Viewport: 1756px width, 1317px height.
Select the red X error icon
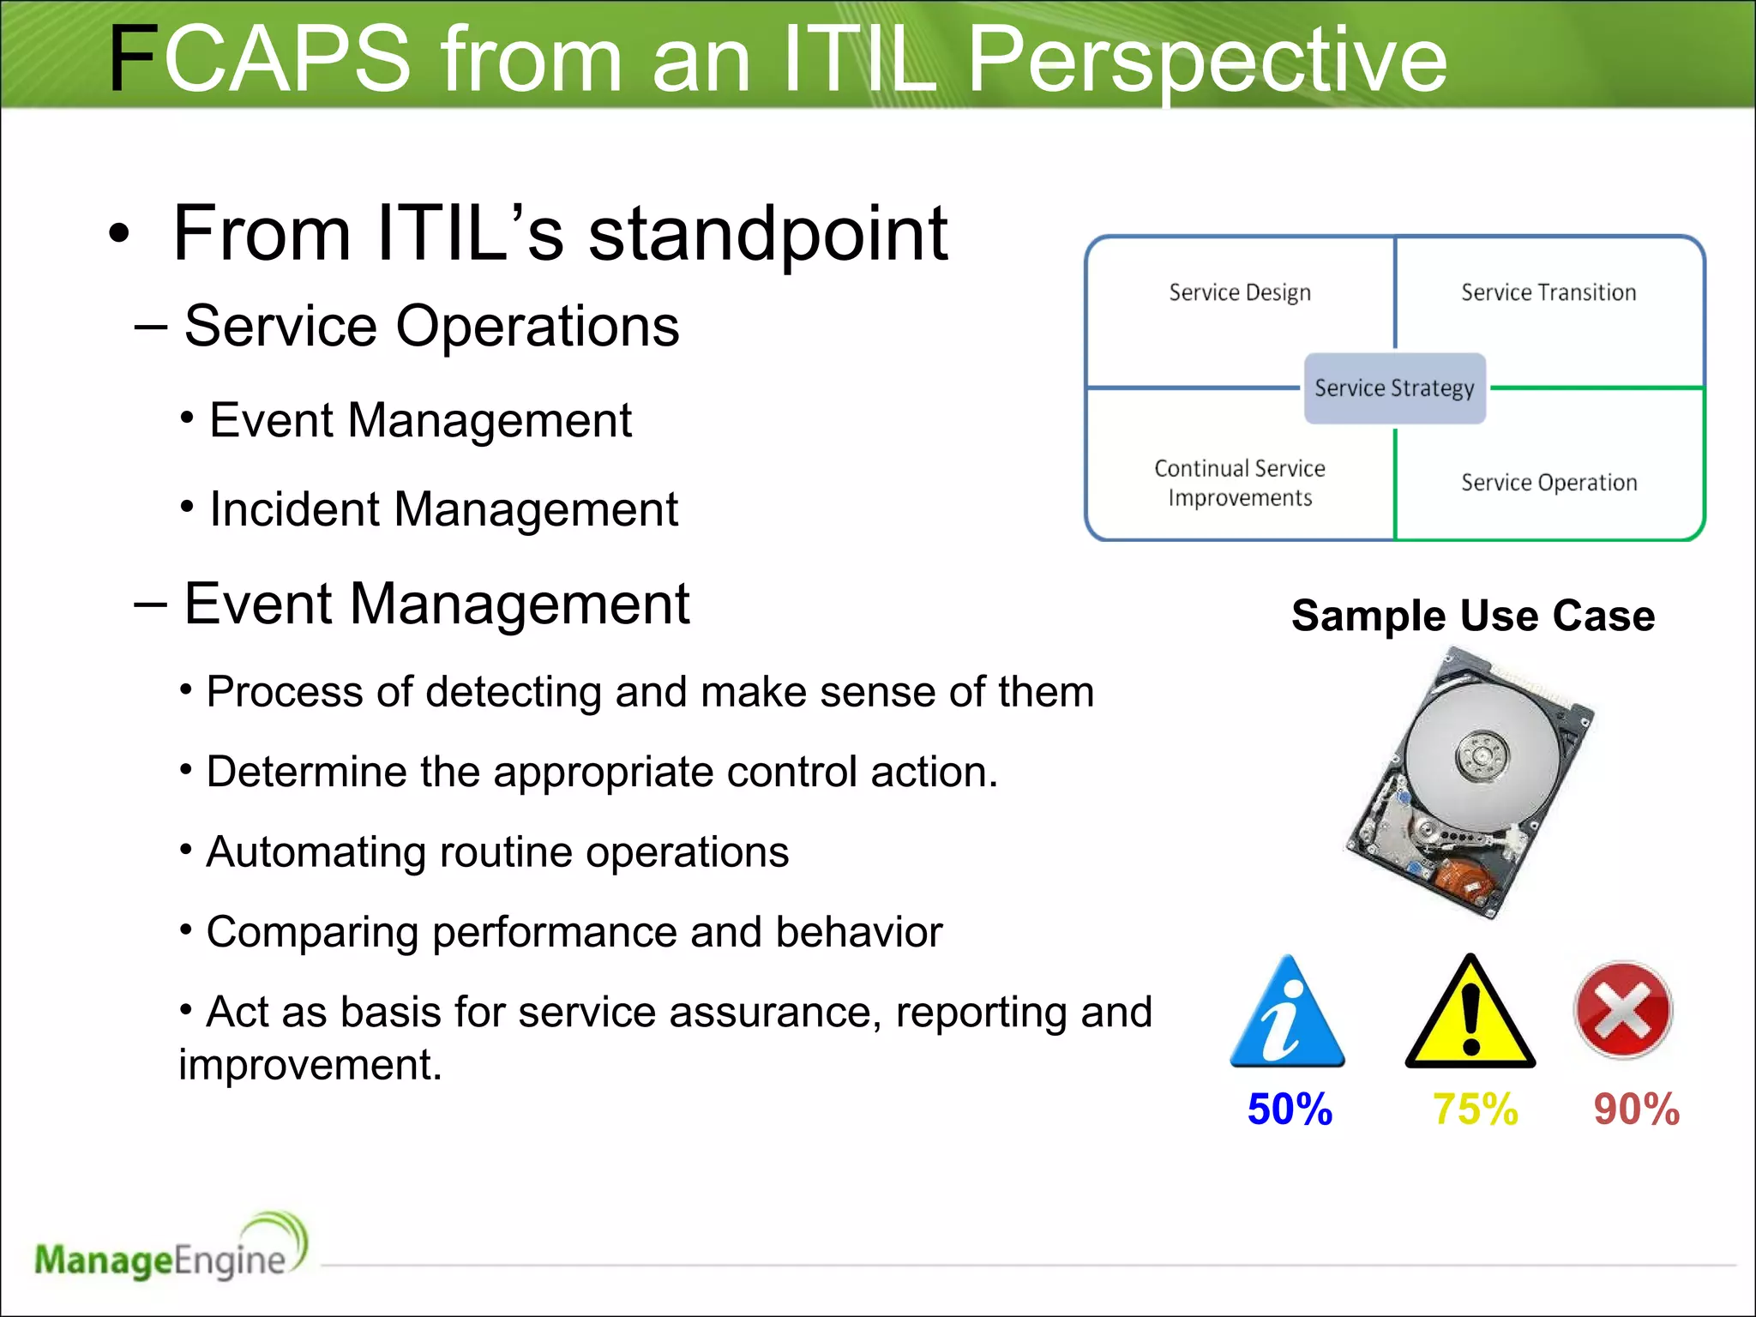click(x=1623, y=1010)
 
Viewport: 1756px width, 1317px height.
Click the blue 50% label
click(x=1290, y=1109)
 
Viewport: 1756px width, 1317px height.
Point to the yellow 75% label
click(x=1475, y=1109)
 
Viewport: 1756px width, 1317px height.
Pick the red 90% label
click(x=1636, y=1109)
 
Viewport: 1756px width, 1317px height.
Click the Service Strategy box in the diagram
click(x=1394, y=388)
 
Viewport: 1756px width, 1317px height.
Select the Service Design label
click(x=1240, y=292)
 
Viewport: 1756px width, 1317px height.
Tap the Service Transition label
click(x=1549, y=292)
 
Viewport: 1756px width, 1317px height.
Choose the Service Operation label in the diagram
click(x=1549, y=483)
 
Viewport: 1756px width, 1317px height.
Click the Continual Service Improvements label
click(x=1240, y=483)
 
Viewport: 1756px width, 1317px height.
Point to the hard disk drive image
click(x=1468, y=782)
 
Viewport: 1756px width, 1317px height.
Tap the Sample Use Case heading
click(x=1473, y=616)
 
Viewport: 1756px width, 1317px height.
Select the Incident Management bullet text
click(x=443, y=509)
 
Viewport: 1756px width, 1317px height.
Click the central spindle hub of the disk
click(x=1482, y=755)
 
